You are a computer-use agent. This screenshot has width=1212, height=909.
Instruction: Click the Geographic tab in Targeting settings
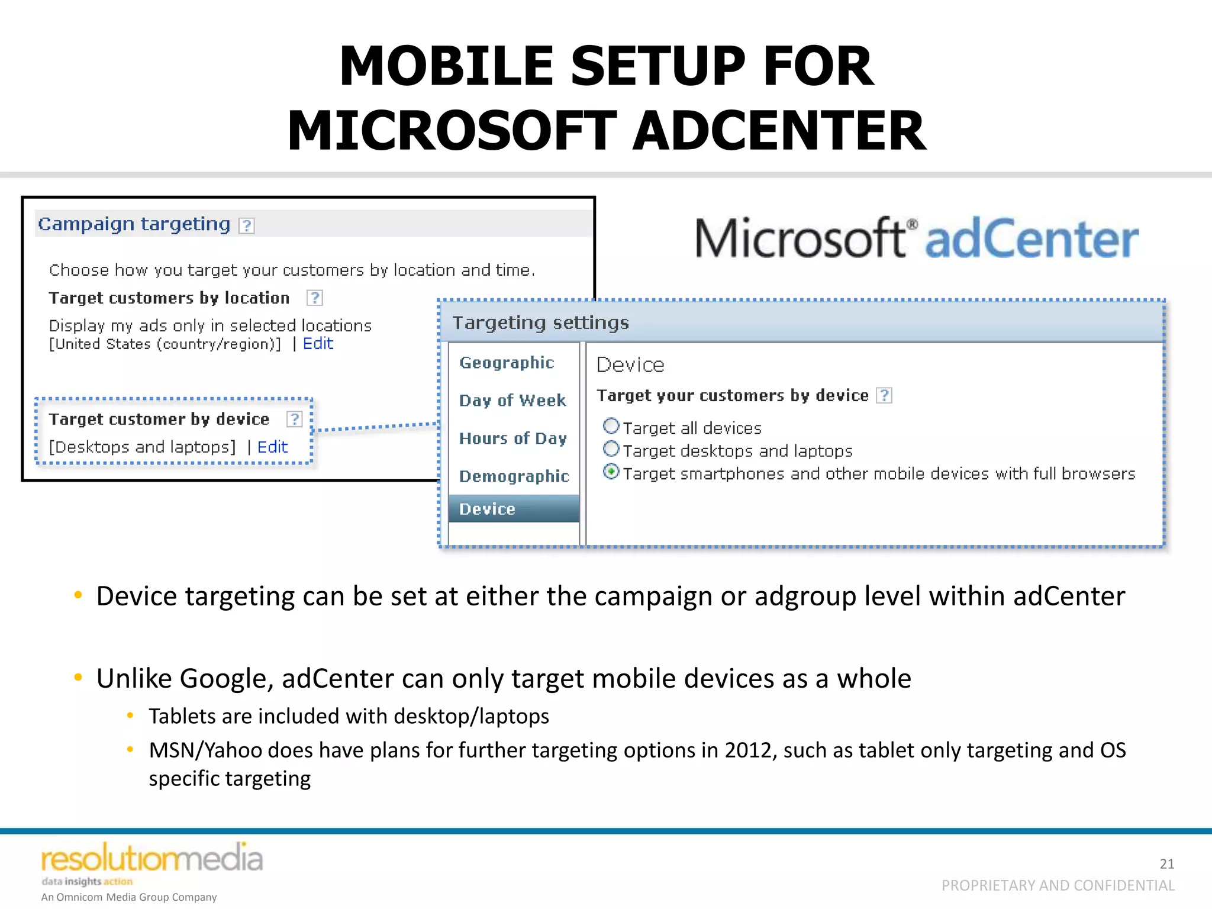pyautogui.click(x=507, y=362)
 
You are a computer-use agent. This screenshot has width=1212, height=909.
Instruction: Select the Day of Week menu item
pyautogui.click(x=512, y=401)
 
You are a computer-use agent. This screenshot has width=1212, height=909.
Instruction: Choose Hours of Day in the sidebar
pyautogui.click(x=513, y=439)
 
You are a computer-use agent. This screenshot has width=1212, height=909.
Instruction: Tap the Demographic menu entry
pyautogui.click(x=514, y=476)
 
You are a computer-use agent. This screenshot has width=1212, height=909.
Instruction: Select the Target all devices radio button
pyautogui.click(x=611, y=426)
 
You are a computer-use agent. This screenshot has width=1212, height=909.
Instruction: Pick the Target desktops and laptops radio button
pyautogui.click(x=611, y=449)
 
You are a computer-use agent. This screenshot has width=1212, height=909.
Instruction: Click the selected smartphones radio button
pyautogui.click(x=611, y=472)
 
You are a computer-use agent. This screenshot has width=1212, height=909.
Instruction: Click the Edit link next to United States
pyautogui.click(x=318, y=344)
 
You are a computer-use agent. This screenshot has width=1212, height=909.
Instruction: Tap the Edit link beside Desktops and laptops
pyautogui.click(x=272, y=447)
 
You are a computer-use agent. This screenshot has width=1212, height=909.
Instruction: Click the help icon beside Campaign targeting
pyautogui.click(x=247, y=225)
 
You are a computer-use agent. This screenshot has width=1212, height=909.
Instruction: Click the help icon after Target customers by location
pyautogui.click(x=315, y=298)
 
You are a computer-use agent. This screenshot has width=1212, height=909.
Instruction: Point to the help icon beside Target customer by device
pyautogui.click(x=294, y=419)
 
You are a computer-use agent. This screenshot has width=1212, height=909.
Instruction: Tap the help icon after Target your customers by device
pyautogui.click(x=884, y=395)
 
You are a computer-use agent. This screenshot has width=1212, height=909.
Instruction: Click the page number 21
pyautogui.click(x=1166, y=864)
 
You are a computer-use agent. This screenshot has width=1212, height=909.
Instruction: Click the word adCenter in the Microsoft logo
pyautogui.click(x=1031, y=239)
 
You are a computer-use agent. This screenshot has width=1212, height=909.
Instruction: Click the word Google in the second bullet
pyautogui.click(x=226, y=679)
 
